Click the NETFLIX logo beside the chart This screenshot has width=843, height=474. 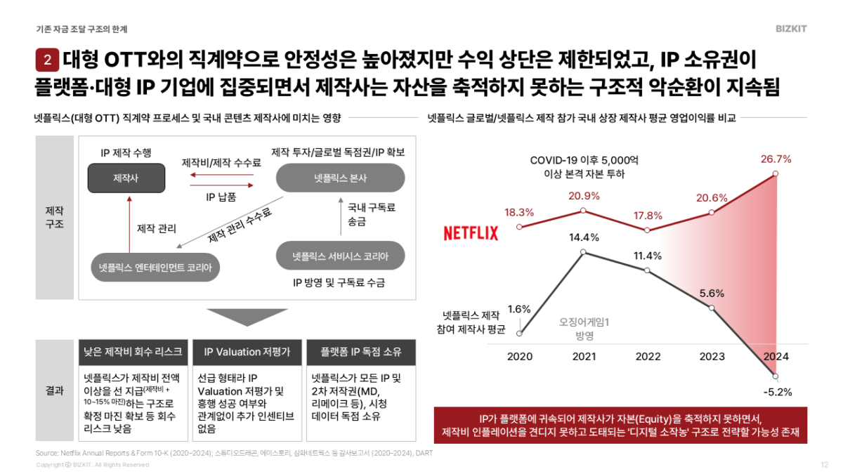(x=471, y=233)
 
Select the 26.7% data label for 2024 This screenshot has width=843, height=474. (x=776, y=159)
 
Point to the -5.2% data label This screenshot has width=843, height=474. (x=776, y=392)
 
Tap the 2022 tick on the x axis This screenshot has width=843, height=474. (x=648, y=357)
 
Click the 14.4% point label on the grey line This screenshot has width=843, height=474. (x=584, y=237)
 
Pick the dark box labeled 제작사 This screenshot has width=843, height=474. (x=126, y=178)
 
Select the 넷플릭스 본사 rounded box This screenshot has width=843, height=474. (x=340, y=178)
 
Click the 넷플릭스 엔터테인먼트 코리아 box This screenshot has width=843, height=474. (x=155, y=267)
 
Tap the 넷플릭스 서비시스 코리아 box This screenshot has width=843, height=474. (x=340, y=256)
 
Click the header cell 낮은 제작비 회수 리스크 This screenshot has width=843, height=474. (x=132, y=352)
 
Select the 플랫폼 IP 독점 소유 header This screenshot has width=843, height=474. (x=362, y=352)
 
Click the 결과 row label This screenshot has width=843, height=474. (x=54, y=390)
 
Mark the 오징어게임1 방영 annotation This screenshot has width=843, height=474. (x=584, y=328)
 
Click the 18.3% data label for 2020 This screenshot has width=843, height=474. (x=520, y=212)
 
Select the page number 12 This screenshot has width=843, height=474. (x=824, y=464)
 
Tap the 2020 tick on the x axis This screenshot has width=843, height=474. (x=520, y=357)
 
